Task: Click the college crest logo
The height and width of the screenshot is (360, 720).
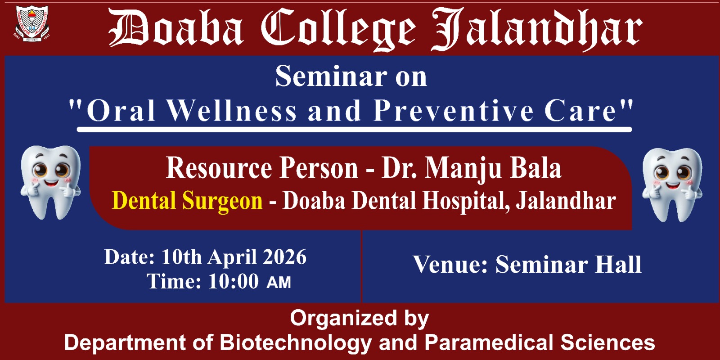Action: click(x=32, y=23)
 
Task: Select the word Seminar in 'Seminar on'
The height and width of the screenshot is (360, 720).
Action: click(x=331, y=76)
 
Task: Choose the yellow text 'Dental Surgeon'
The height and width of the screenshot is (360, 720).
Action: click(x=187, y=200)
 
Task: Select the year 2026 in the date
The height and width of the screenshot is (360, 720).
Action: click(x=284, y=256)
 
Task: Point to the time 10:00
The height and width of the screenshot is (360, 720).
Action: click(x=234, y=281)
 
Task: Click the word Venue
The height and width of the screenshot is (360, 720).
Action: click(x=450, y=264)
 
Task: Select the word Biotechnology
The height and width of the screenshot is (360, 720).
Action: click(x=295, y=342)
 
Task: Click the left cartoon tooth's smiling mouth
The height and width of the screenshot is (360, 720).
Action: click(x=51, y=184)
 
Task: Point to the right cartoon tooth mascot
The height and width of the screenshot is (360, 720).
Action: click(x=672, y=185)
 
